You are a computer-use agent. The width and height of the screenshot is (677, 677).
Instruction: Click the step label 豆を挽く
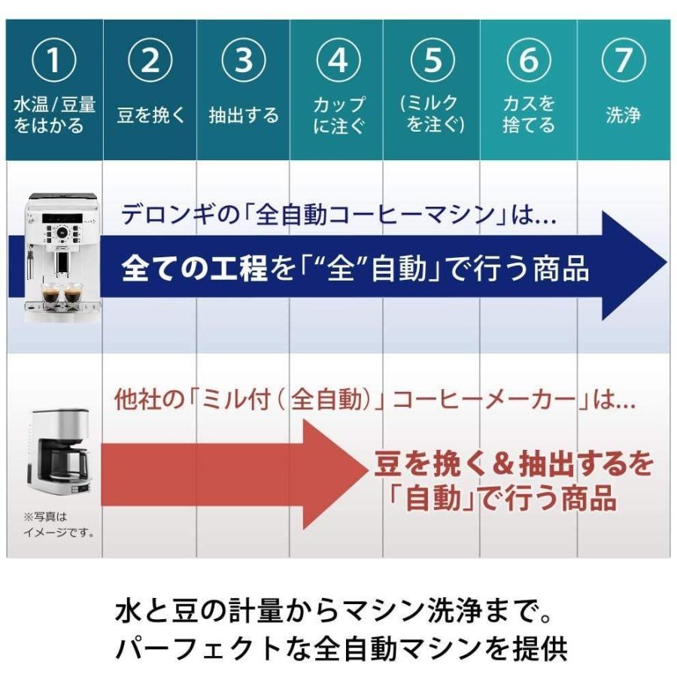150,116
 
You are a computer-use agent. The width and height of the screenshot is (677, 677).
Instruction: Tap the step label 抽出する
244,116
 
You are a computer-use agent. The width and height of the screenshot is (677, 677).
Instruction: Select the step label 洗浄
623,116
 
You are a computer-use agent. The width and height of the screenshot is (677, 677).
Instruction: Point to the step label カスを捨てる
528,114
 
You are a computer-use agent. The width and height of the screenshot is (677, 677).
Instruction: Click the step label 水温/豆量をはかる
54,114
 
